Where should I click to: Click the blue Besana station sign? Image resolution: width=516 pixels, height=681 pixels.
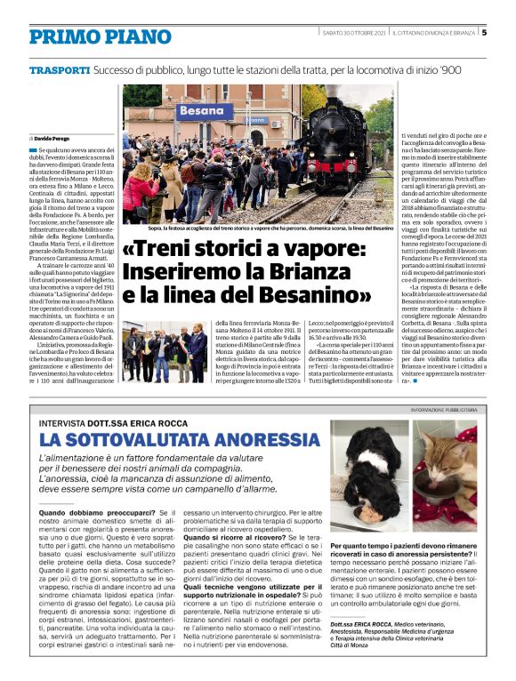(x=204, y=113)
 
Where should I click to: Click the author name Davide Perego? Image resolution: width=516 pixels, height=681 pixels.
(x=52, y=140)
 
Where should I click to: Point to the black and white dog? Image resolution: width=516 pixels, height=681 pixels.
(x=361, y=471)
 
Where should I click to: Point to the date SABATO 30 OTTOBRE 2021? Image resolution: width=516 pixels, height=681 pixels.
(x=355, y=34)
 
